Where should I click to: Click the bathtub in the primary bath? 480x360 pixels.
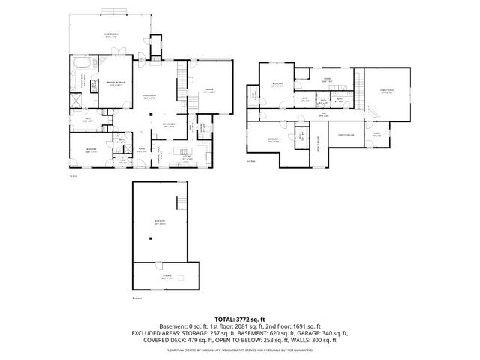point(80,62)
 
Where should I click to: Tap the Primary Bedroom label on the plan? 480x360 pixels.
point(115,83)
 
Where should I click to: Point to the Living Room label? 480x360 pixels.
point(149,96)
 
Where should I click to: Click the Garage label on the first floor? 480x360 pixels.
point(210,90)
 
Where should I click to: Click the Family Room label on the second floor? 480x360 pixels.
point(387,92)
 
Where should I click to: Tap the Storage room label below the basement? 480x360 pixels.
point(166,276)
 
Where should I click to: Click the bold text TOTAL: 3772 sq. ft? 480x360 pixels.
point(240,319)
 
